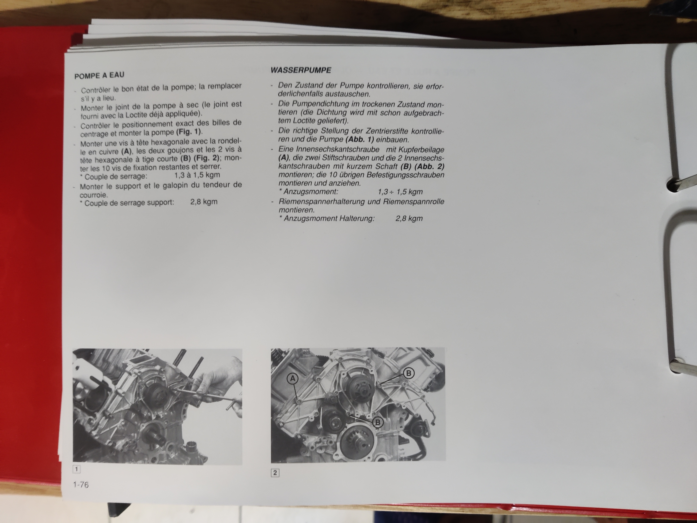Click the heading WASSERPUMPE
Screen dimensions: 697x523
click(x=301, y=70)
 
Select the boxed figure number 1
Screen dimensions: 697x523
click(x=76, y=469)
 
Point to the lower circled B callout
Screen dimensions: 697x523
click(x=378, y=422)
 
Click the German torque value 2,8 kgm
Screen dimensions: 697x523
click(x=409, y=218)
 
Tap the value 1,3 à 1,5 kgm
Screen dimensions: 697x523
click(x=197, y=175)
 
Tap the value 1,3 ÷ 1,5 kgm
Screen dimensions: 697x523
click(x=400, y=192)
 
